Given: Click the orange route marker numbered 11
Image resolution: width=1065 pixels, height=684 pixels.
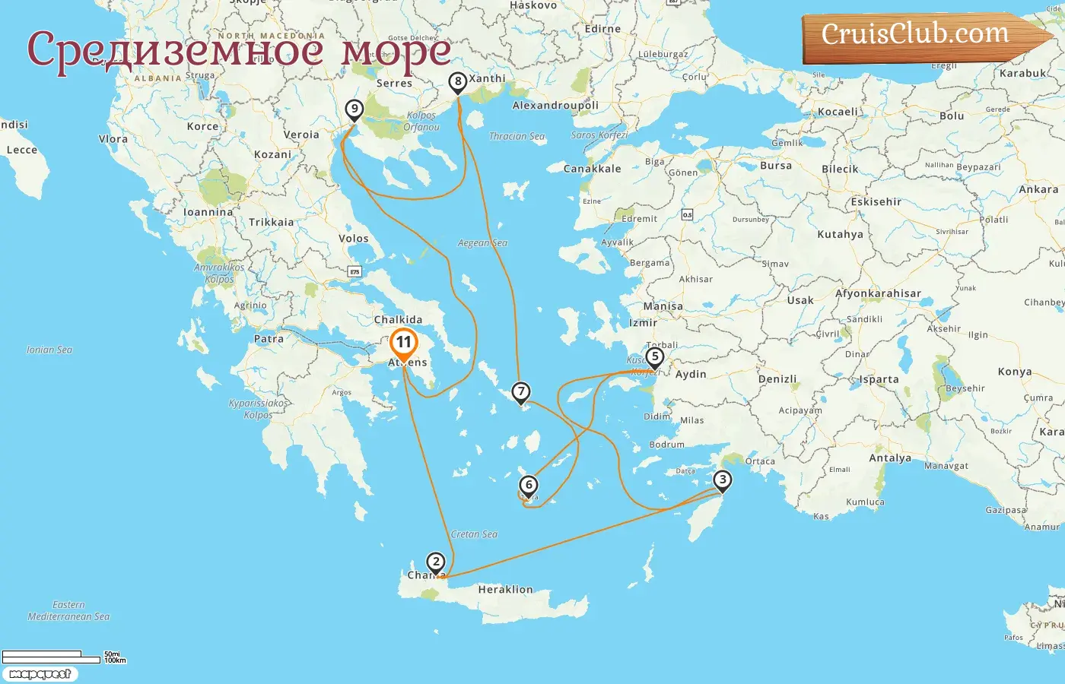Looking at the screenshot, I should pyautogui.click(x=403, y=344).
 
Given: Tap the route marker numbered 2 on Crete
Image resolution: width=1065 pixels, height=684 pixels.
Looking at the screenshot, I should pyautogui.click(x=435, y=562).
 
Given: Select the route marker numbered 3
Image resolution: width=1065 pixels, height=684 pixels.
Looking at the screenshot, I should pyautogui.click(x=722, y=480).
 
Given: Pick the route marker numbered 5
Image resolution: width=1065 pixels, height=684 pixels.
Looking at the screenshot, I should pyautogui.click(x=654, y=356).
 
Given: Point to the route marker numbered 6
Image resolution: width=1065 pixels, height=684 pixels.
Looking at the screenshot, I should pyautogui.click(x=529, y=485).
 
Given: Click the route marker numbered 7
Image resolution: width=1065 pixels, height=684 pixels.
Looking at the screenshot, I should pyautogui.click(x=520, y=392).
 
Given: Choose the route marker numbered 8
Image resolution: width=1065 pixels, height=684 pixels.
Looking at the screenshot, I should pyautogui.click(x=457, y=81).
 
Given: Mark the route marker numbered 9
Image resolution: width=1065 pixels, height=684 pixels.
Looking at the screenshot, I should pyautogui.click(x=354, y=109).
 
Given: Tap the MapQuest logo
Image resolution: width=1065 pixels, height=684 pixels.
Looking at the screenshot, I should pyautogui.click(x=40, y=674).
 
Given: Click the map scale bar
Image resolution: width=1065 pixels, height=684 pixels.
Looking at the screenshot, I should pyautogui.click(x=53, y=655).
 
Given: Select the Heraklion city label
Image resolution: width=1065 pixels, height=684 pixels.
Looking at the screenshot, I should pyautogui.click(x=505, y=590).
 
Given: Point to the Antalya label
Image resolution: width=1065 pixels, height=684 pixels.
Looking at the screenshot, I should pyautogui.click(x=890, y=458).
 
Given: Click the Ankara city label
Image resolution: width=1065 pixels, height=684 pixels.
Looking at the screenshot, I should pyautogui.click(x=1038, y=190).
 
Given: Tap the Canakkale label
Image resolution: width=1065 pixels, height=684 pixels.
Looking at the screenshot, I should pyautogui.click(x=592, y=169).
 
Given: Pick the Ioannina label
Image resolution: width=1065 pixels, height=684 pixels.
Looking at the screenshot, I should pyautogui.click(x=208, y=213).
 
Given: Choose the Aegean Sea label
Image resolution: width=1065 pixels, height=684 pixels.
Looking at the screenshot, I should pyautogui.click(x=482, y=243).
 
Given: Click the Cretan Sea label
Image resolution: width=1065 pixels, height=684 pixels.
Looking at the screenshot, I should pyautogui.click(x=474, y=534).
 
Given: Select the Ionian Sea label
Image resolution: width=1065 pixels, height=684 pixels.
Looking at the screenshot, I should pyautogui.click(x=49, y=350).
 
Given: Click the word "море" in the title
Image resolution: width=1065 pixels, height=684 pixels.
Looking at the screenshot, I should pyautogui.click(x=396, y=52).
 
